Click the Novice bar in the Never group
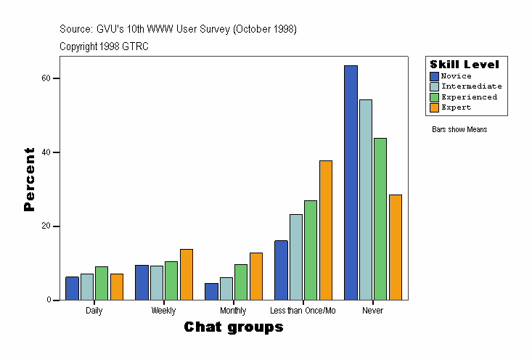click(351, 182)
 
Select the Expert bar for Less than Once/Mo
click(326, 230)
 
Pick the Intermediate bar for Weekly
click(156, 282)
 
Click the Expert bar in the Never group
click(396, 247)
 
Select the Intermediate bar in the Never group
click(366, 200)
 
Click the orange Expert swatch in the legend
click(434, 107)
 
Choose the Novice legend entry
click(456, 76)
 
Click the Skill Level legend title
click(465, 65)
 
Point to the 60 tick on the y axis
click(46, 78)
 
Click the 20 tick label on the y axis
click(46, 226)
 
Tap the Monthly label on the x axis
click(233, 311)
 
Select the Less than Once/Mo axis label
click(303, 311)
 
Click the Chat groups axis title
click(234, 327)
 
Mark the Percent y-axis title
click(29, 179)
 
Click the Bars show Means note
click(459, 130)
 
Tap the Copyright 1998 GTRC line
click(105, 46)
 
